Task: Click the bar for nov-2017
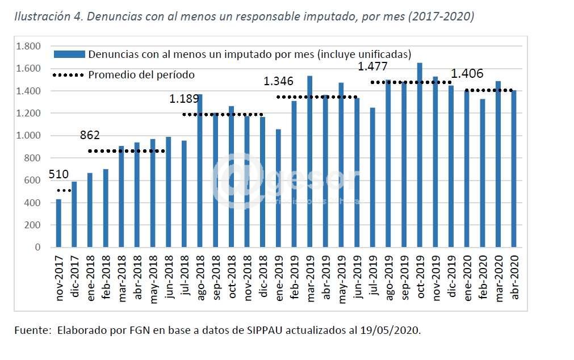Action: tap(58, 223)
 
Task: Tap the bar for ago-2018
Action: tap(200, 170)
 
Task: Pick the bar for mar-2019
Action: tap(309, 161)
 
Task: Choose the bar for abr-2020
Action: tap(513, 169)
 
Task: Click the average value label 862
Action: tap(90, 135)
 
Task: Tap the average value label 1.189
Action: tap(184, 99)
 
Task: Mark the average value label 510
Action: tap(60, 174)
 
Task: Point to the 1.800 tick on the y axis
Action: tap(29, 46)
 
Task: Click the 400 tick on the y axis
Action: tap(34, 203)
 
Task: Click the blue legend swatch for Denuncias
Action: tap(69, 55)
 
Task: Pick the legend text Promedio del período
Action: tap(141, 74)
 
